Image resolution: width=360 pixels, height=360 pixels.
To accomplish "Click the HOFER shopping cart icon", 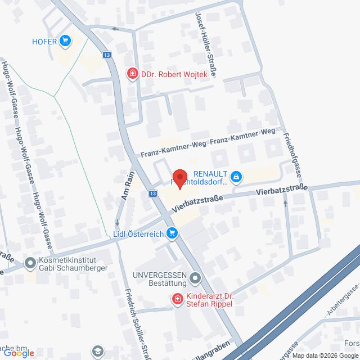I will point(66,40).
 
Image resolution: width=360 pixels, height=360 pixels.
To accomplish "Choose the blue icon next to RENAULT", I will point(236,178).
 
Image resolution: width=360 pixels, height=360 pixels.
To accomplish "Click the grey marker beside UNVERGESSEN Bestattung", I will point(195,277).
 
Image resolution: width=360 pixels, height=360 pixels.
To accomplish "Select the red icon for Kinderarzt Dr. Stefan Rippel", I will point(178,299).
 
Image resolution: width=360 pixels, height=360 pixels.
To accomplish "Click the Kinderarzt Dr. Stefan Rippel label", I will point(208,299).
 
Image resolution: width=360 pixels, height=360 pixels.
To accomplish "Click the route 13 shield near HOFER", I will point(107,55).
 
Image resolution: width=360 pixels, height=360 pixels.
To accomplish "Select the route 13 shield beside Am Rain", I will point(154,193).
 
